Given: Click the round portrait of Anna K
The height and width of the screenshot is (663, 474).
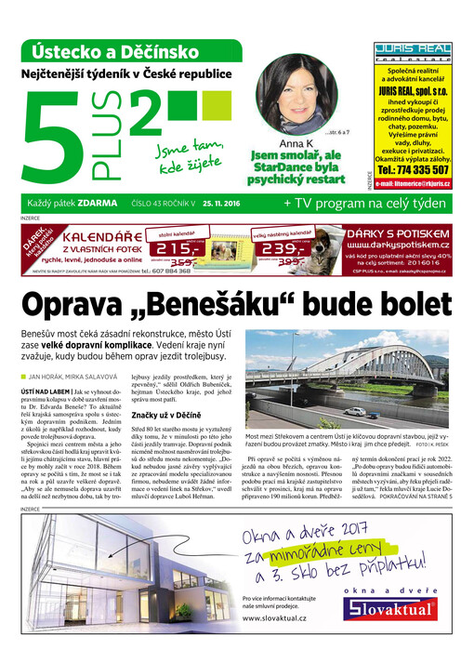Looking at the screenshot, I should pyautogui.click(x=296, y=94).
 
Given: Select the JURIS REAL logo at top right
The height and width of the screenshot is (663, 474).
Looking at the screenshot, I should pyautogui.click(x=413, y=52).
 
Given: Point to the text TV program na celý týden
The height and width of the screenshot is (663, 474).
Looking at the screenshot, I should pyautogui.click(x=366, y=202).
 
